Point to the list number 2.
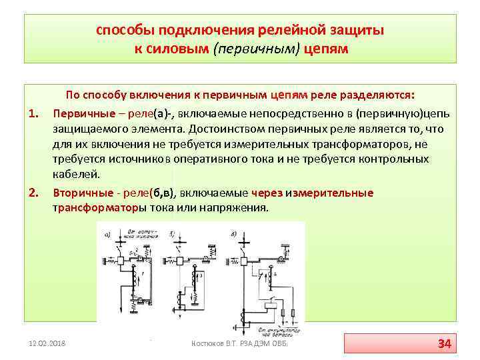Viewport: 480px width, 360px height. click(x=31, y=193)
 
